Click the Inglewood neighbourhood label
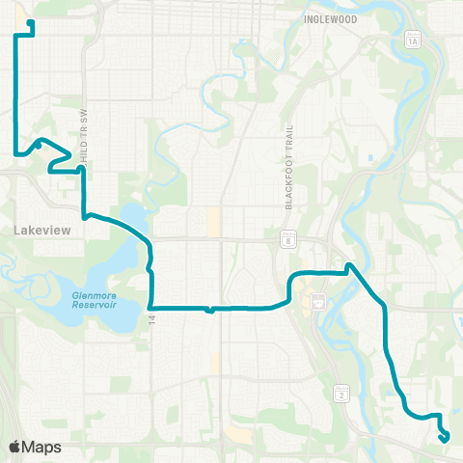330,18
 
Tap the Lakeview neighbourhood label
40,231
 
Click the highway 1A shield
413,41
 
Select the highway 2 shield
340,393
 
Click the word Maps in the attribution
44,447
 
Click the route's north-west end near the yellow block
32,22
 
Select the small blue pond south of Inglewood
370,157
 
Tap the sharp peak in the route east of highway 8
350,264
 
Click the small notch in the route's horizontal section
209,312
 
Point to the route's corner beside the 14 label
151,308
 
